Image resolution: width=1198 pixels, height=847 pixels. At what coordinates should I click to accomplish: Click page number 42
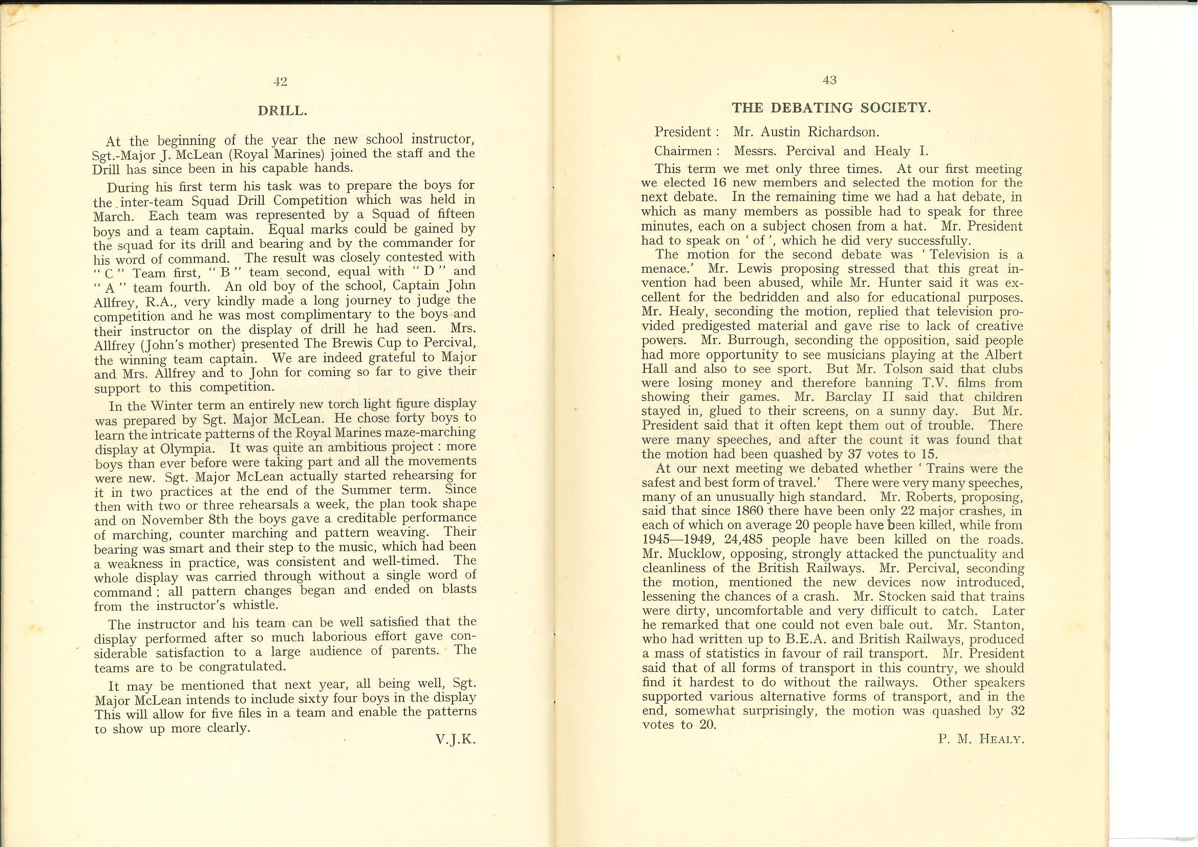pos(280,81)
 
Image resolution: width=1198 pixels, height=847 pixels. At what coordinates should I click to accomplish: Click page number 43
pos(829,80)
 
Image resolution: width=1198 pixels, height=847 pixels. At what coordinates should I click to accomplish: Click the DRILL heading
pos(282,111)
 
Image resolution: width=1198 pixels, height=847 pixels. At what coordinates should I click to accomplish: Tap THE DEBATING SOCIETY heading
pos(831,108)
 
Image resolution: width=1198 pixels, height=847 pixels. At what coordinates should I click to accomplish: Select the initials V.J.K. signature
pos(456,739)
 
